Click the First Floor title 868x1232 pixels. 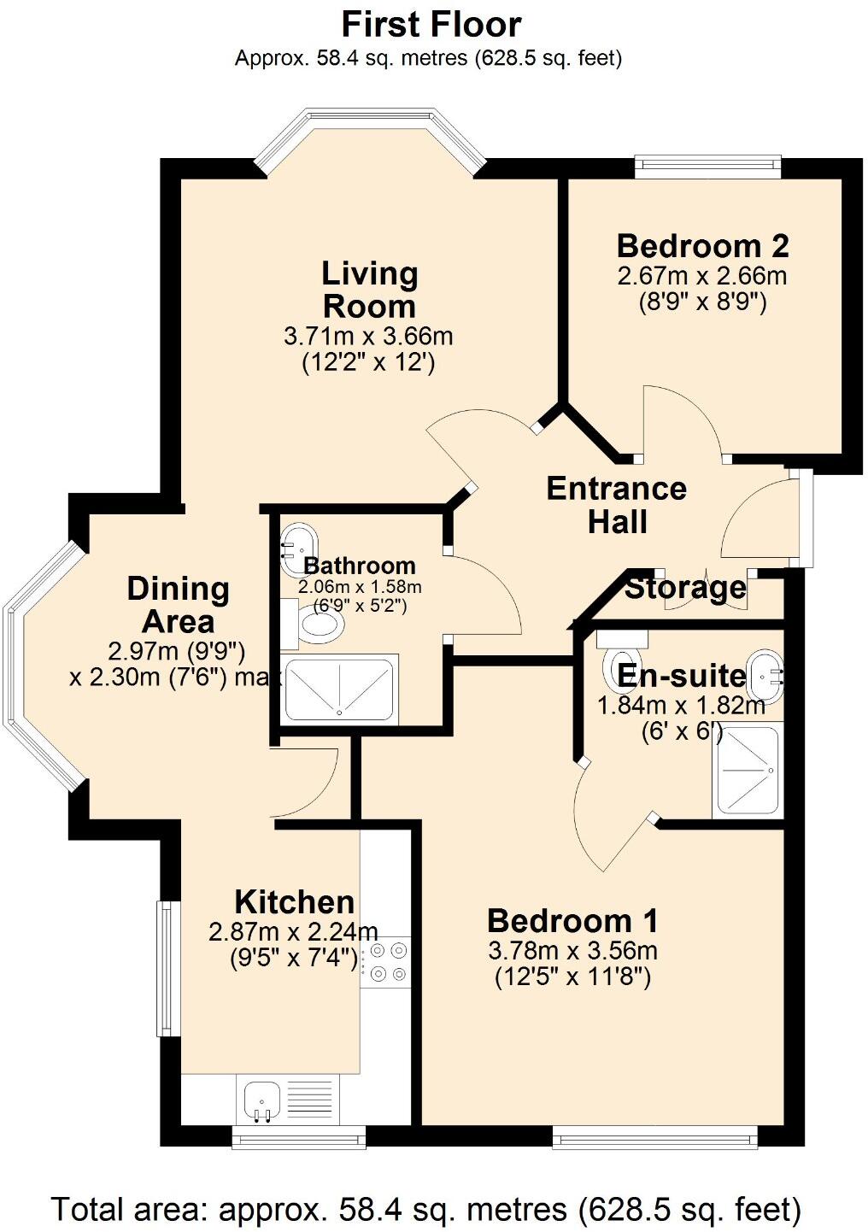click(x=431, y=25)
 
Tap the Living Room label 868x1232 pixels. click(x=369, y=290)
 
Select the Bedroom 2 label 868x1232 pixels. click(x=702, y=246)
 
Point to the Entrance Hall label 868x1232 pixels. click(x=616, y=505)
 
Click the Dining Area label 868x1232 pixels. click(x=178, y=605)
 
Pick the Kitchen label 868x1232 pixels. click(x=294, y=902)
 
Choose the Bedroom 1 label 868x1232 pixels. click(x=572, y=921)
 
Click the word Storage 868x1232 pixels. click(x=685, y=588)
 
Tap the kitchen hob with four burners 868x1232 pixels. click(x=386, y=962)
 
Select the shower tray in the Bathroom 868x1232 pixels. click(x=340, y=689)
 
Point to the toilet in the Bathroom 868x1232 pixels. click(x=318, y=625)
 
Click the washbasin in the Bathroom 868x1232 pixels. click(x=299, y=542)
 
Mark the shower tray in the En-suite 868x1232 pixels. click(x=747, y=769)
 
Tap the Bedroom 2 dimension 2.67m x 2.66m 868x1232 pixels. click(x=701, y=277)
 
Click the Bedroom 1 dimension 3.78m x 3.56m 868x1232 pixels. click(x=572, y=950)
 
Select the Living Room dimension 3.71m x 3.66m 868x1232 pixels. click(x=368, y=336)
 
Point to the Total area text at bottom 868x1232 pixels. click(x=426, y=1210)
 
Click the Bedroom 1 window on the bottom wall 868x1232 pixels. click(x=654, y=1136)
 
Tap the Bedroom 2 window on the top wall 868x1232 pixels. click(x=707, y=166)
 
